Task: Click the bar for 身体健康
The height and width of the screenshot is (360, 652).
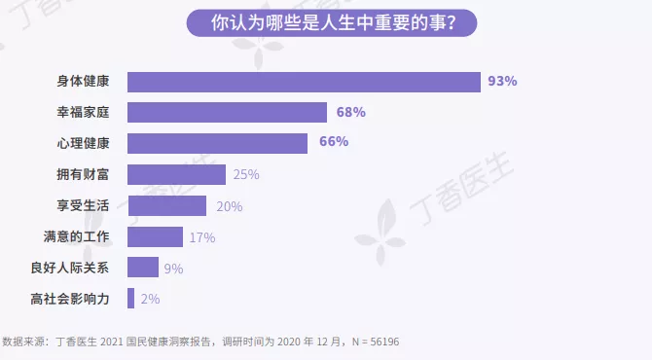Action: (304, 82)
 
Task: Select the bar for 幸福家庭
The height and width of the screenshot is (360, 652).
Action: (227, 112)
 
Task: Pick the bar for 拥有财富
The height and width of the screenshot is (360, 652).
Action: (176, 175)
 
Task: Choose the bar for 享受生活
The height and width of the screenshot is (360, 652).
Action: (166, 205)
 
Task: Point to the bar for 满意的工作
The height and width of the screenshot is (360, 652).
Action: (155, 236)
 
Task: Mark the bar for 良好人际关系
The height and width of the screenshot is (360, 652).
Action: (143, 268)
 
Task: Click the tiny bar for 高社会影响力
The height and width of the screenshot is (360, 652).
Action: (130, 299)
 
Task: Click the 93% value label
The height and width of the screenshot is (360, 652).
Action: (502, 82)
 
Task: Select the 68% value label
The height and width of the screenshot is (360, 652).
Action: (350, 113)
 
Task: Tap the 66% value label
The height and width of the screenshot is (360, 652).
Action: (334, 143)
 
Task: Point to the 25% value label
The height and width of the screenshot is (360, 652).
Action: (245, 175)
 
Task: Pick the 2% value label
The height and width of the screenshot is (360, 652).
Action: (150, 300)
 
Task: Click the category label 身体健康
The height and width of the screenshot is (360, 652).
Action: (84, 82)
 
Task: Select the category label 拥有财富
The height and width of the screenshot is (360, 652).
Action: (84, 175)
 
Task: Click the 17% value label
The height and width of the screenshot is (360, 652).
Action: (202, 237)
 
